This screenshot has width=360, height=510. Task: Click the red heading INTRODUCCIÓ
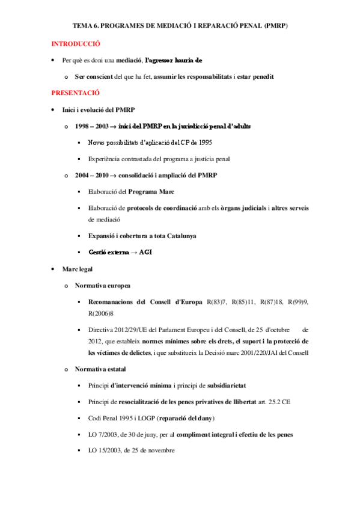[x=75, y=44]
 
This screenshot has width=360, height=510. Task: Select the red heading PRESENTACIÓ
[x=75, y=93]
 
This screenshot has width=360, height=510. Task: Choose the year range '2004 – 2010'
[x=92, y=175]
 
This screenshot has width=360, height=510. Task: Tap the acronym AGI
[x=145, y=252]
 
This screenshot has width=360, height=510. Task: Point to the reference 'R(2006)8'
[x=100, y=313]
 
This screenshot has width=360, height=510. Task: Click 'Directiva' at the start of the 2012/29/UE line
[x=101, y=330]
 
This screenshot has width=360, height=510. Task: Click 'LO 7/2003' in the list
[x=103, y=434]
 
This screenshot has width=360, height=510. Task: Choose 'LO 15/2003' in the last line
[x=105, y=450]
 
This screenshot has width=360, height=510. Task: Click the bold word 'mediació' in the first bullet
[x=128, y=61]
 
